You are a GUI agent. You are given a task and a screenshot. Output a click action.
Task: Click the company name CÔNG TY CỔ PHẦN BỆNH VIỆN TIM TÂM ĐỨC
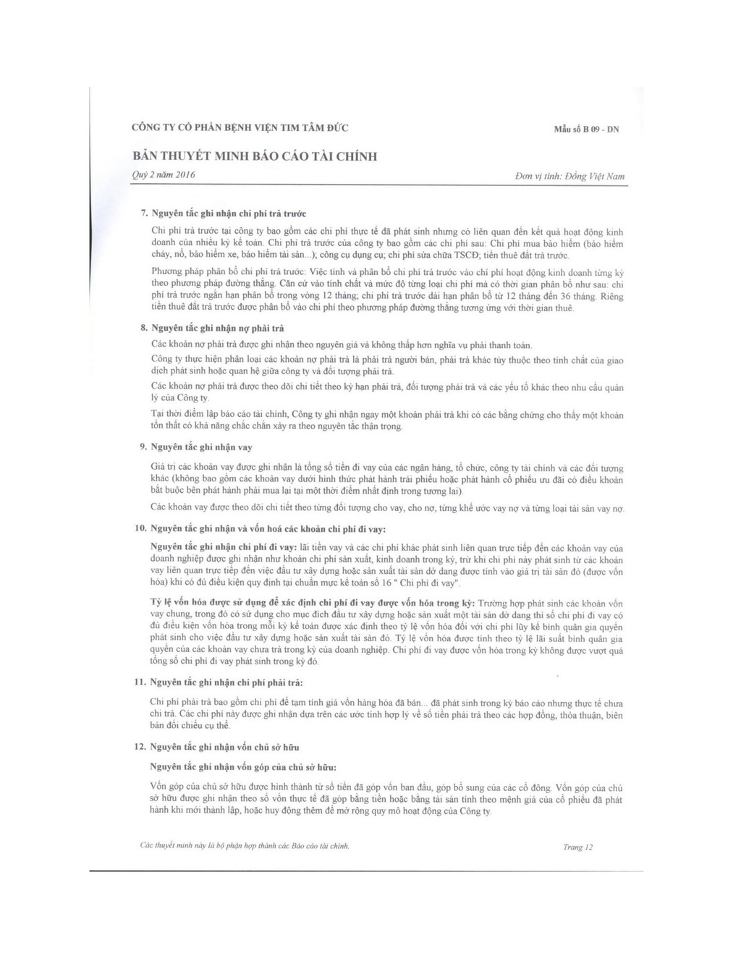pos(240,128)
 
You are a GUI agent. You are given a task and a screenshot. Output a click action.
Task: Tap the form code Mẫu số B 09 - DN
pos(586,130)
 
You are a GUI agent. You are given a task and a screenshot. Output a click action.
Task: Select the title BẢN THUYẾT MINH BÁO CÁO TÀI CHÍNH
pos(255,156)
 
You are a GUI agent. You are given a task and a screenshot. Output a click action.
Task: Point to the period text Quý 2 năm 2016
pos(164,175)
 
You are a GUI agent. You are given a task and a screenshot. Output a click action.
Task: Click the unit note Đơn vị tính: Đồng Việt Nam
pos(569,176)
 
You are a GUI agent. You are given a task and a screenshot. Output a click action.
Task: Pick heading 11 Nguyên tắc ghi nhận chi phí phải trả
pos(226,683)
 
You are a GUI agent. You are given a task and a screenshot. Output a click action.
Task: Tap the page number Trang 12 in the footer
pos(577,847)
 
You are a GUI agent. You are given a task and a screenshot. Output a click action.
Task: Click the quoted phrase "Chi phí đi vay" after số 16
pos(426,583)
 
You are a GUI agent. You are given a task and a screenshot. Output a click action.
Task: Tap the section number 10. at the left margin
pos(141,528)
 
